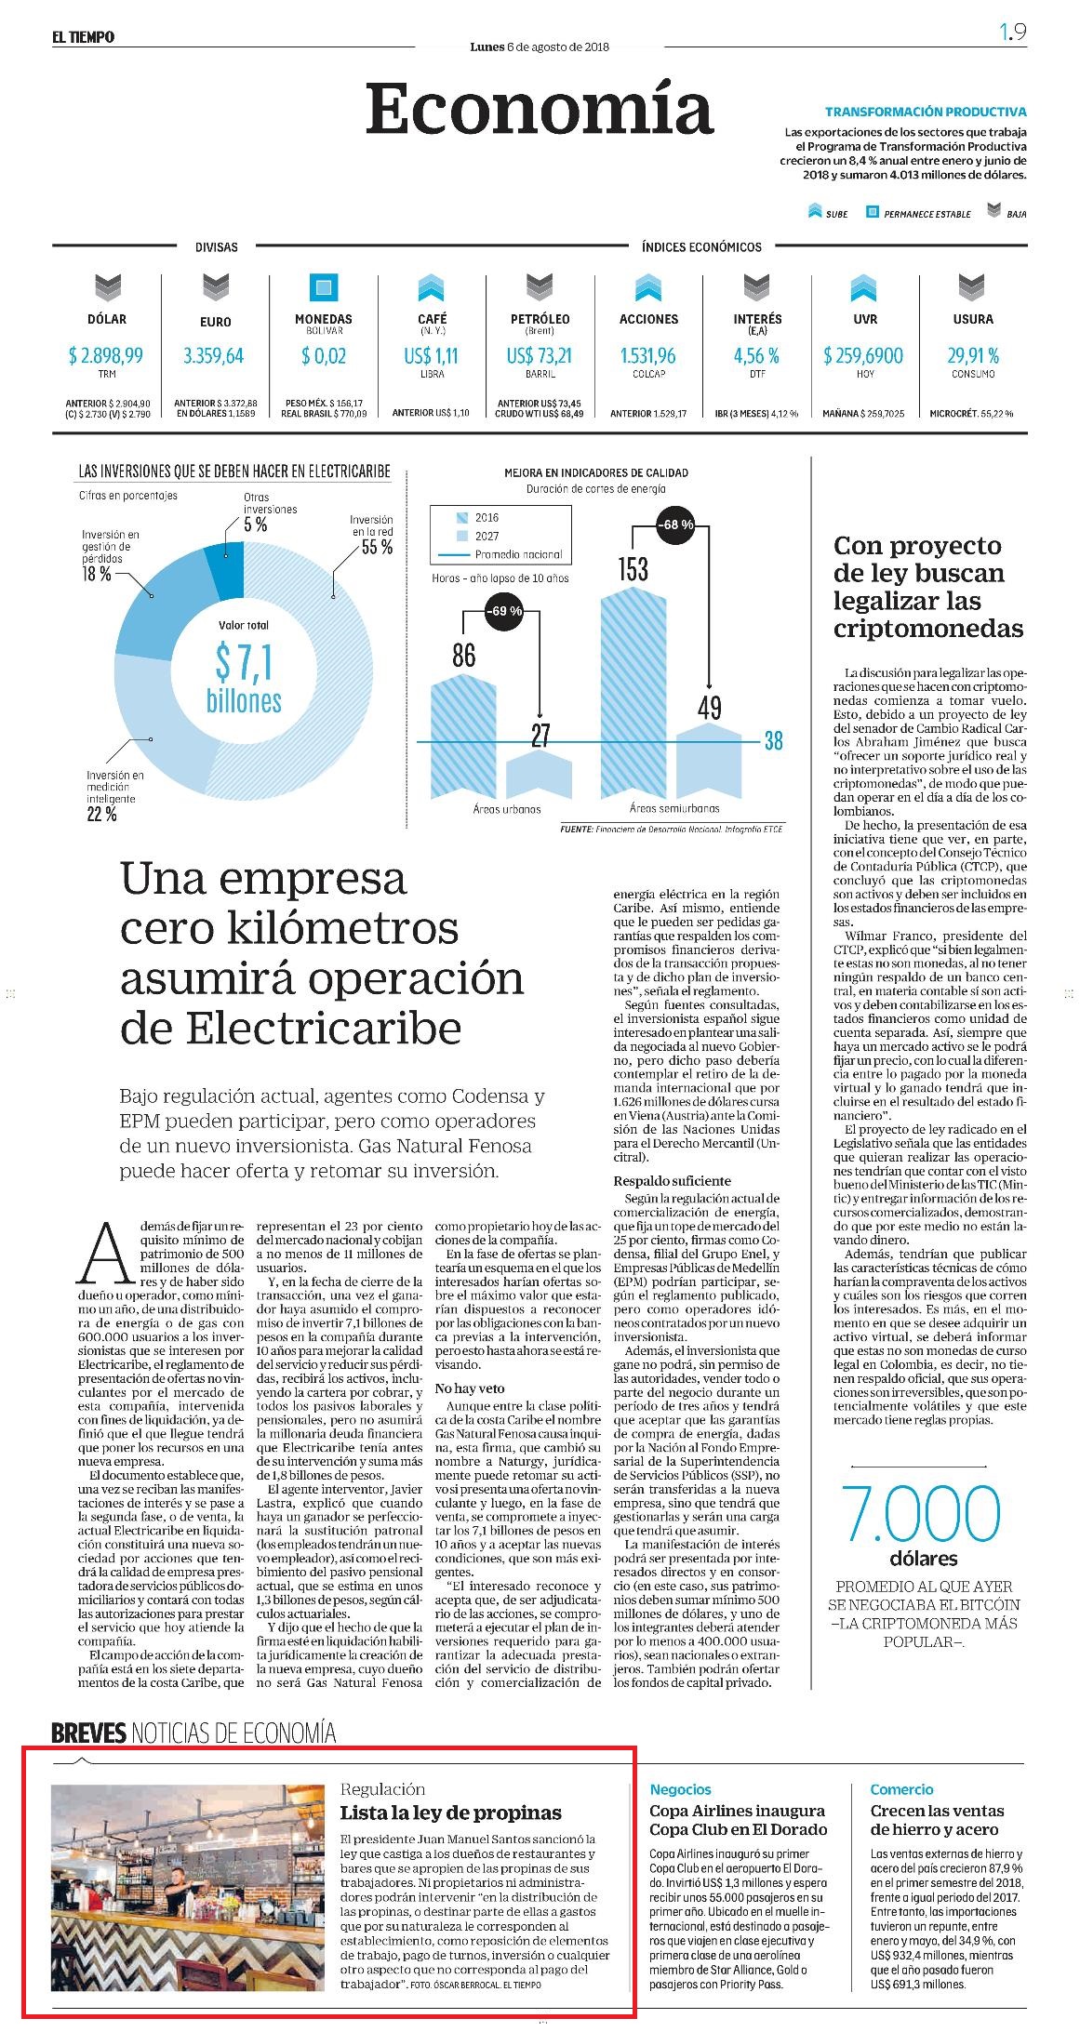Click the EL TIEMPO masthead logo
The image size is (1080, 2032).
click(83, 37)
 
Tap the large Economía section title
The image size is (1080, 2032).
click(540, 109)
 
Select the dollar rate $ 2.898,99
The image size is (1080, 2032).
click(106, 355)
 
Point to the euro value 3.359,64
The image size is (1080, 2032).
click(214, 355)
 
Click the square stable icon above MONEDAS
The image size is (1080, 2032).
click(323, 287)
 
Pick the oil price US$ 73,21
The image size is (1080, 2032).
click(540, 355)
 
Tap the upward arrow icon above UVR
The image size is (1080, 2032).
click(864, 287)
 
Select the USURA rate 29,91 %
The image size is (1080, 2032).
click(973, 355)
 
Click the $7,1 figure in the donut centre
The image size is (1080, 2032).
click(244, 662)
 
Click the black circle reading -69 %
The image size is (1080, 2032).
click(503, 612)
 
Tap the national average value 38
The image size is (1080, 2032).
click(773, 741)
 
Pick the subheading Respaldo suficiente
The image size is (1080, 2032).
click(672, 1180)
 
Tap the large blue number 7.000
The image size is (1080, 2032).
click(921, 1514)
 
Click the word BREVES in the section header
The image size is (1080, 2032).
click(89, 1733)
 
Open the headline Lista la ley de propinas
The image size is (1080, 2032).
click(450, 1813)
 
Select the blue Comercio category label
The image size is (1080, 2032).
click(901, 1788)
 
